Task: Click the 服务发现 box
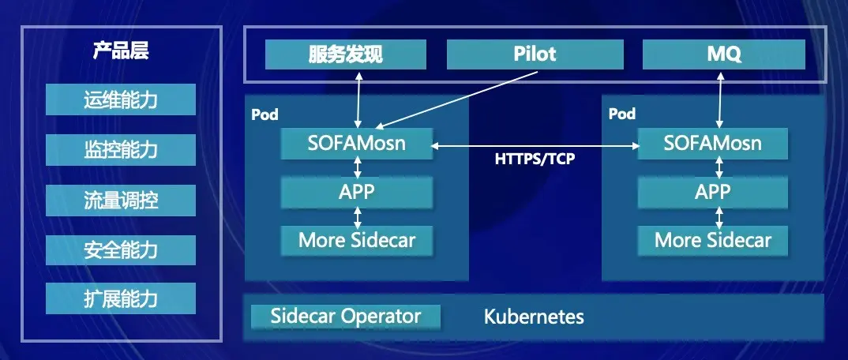345,54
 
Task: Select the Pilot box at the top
535,54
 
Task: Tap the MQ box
723,54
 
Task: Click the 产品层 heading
121,53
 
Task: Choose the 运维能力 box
121,100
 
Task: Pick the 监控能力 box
121,150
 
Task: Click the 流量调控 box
121,200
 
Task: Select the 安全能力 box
121,249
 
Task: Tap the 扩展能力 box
121,299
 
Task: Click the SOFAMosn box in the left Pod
357,144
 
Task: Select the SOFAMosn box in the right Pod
712,144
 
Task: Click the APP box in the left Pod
357,191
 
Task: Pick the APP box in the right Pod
712,191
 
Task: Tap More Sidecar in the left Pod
357,240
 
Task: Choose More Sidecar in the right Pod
712,240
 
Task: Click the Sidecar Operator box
346,317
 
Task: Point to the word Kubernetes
534,317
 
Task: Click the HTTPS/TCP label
535,159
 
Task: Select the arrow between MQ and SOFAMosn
719,99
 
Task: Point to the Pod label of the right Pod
622,114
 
